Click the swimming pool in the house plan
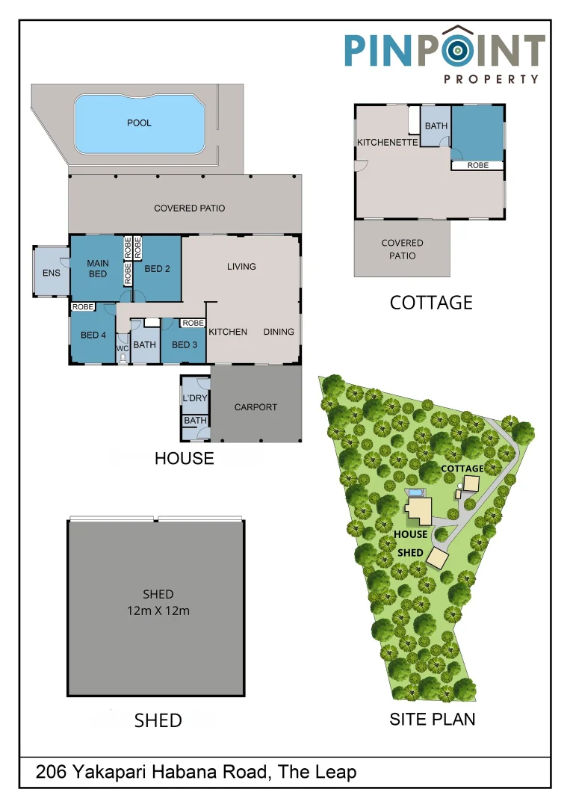[140, 123]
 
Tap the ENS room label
[51, 273]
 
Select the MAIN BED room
[97, 269]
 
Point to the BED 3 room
[185, 344]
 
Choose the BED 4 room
[93, 336]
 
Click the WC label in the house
[123, 348]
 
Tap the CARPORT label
[255, 407]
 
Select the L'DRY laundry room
[194, 398]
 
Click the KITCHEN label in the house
[228, 332]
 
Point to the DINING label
[279, 332]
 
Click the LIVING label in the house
[241, 267]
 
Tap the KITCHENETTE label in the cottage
[387, 143]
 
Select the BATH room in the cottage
[436, 126]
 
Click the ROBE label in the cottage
[477, 165]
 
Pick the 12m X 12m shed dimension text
[158, 610]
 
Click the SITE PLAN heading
[433, 719]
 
